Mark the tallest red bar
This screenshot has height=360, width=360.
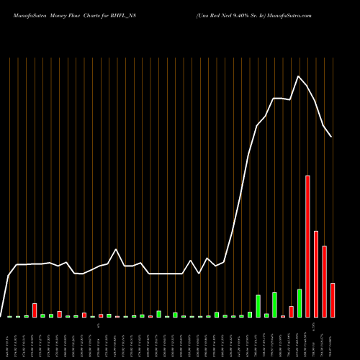pos(307,246)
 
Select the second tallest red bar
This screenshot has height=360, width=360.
pos(316,274)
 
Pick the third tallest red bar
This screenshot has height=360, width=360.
pos(324,282)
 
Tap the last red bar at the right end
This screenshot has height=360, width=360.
pos(333,300)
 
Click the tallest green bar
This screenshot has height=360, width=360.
pos(300,303)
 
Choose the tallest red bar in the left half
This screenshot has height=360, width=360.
pos(35,310)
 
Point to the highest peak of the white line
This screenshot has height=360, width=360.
pos(299,76)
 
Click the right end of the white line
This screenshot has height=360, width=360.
pos(331,136)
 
